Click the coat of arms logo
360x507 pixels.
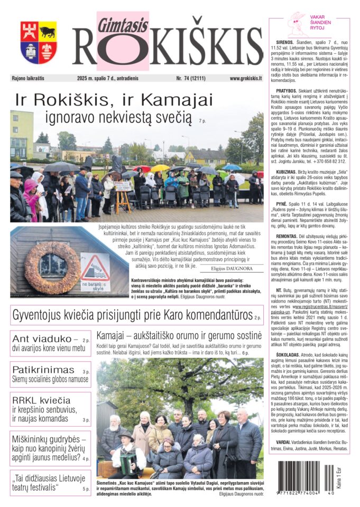[39, 42]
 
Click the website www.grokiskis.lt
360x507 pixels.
[246, 78]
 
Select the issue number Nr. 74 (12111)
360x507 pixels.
[195, 78]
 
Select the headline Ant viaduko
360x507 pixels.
[41, 339]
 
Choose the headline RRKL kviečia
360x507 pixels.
[41, 400]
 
